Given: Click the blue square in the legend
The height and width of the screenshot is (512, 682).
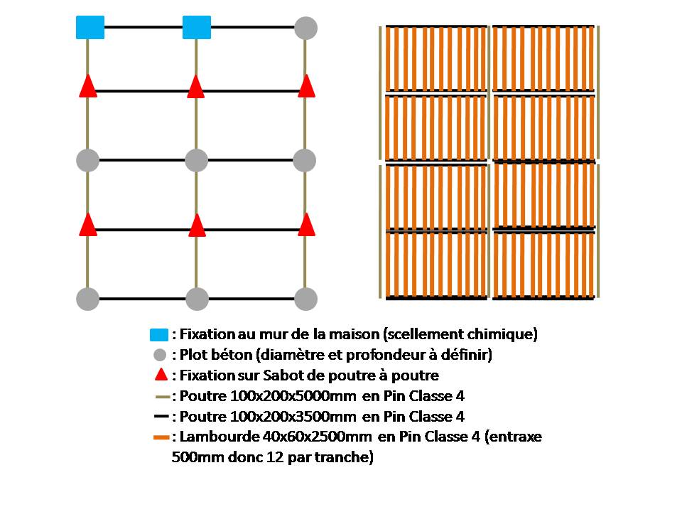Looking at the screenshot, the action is [x=159, y=334].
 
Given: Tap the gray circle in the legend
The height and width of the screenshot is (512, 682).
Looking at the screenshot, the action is [x=160, y=355].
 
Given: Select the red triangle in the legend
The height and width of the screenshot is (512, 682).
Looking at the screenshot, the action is [x=161, y=375].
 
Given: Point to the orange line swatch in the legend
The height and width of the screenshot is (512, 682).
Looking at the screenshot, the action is [x=161, y=437].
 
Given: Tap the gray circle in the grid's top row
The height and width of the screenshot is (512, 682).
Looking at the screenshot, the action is [x=305, y=28].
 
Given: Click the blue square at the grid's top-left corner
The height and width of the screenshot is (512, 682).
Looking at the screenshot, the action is [x=90, y=28].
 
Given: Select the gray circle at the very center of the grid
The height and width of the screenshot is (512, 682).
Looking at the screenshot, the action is [x=197, y=160].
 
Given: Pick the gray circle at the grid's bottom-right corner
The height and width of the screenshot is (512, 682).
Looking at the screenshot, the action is [x=305, y=299].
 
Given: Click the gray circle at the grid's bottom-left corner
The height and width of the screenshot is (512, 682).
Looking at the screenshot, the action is [x=87, y=299].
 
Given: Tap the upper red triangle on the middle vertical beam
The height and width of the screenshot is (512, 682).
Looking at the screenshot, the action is [x=196, y=87].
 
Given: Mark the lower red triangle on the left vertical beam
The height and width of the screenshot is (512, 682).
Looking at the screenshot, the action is [x=87, y=225].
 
